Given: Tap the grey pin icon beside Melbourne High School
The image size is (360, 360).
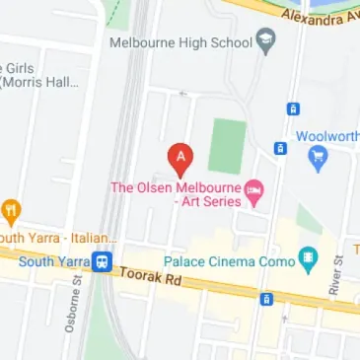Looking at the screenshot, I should (x=265, y=42).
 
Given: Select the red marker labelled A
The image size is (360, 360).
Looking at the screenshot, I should (x=180, y=157).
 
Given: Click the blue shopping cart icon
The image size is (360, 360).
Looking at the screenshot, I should (x=318, y=156).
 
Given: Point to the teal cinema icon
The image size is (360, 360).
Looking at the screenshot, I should (x=309, y=261).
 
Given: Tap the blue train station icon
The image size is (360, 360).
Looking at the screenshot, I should (x=102, y=262).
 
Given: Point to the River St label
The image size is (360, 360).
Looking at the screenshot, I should (x=335, y=275).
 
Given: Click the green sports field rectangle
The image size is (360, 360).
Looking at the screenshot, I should (x=228, y=146).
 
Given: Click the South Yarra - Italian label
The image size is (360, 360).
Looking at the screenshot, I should (x=59, y=238).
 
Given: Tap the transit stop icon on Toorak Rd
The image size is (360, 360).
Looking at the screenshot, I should (x=265, y=299).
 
